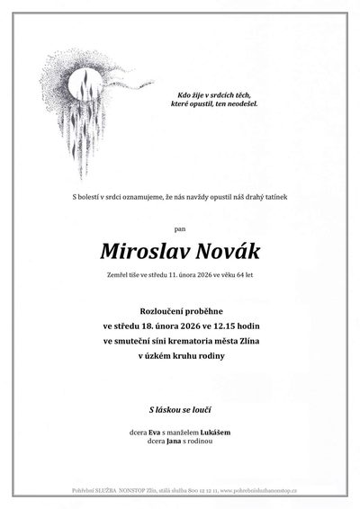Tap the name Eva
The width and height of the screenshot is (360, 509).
pyautogui.click(x=155, y=433)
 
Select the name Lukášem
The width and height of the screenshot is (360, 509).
pyautogui.click(x=213, y=433)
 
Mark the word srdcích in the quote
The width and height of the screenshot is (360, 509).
pyautogui.click(x=217, y=94)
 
